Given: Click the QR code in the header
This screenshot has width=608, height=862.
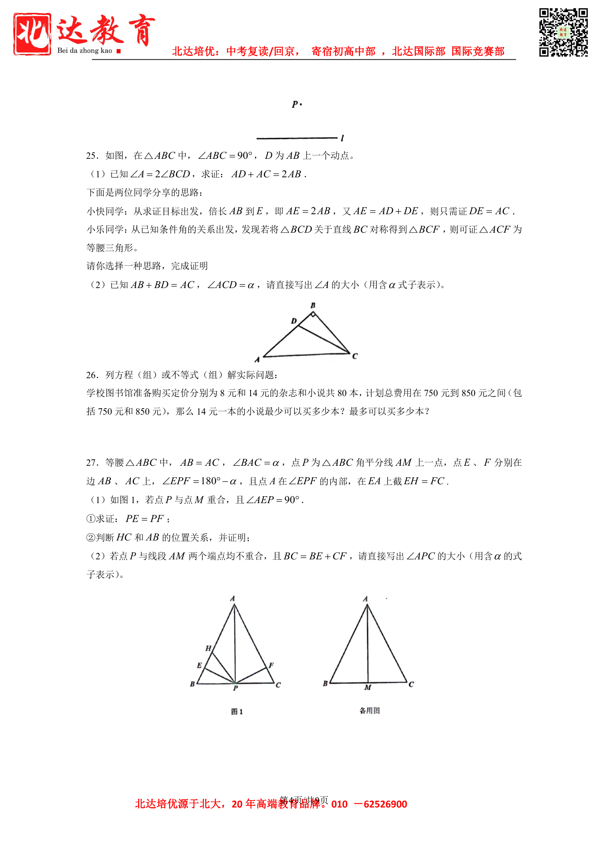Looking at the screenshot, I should coord(563,32).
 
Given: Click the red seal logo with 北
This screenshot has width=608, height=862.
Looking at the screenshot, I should coord(32,34).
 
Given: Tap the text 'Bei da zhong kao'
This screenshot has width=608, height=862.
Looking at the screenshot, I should coord(85,51).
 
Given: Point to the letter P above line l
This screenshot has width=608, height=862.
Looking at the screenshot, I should coord(295,104).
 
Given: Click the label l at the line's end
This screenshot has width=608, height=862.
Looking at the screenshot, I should coord(342,138).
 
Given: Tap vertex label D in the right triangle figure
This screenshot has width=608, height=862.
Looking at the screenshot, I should coord(294,321).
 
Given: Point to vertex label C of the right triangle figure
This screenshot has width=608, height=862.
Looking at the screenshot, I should coord(355,356).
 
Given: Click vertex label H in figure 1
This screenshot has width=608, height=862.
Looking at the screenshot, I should coord(208,649).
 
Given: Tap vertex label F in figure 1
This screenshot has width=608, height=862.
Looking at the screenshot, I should coord(271,665).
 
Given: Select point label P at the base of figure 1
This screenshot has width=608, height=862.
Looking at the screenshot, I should coord(236,688).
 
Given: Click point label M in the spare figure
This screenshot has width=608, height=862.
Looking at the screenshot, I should coord(368,688).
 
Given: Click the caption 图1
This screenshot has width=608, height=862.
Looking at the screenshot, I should coord(237,712).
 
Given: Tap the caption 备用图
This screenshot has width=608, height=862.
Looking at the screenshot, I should coord(369,711).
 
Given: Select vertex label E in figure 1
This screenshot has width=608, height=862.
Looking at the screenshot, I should coord(199,665).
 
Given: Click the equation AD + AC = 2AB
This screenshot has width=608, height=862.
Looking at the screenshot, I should coord(268,174).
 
